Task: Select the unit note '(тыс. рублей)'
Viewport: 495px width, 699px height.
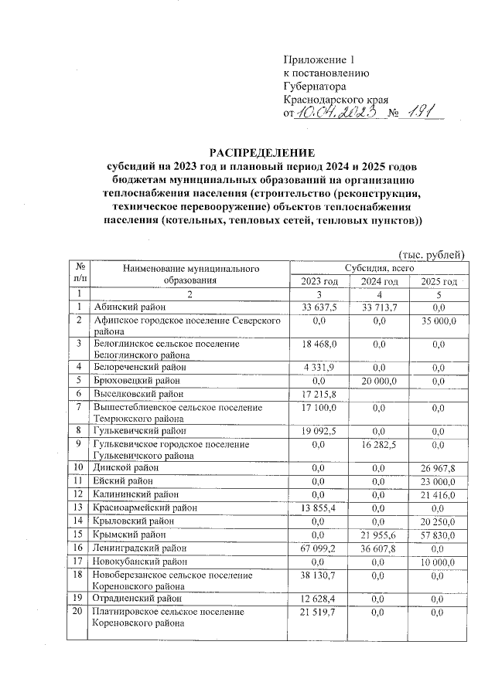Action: (431, 253)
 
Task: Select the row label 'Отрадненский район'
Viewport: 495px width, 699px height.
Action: (138, 597)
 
